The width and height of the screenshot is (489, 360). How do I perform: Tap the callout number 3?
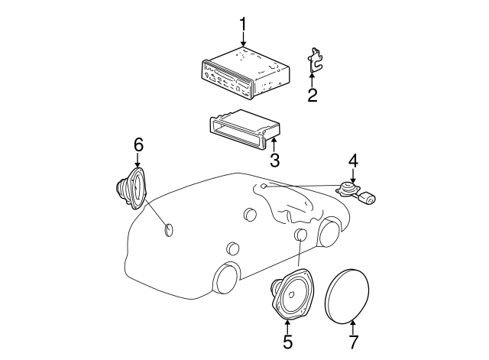click(274, 161)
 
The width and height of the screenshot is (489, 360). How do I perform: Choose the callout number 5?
click(287, 342)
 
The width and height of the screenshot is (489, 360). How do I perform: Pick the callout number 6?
click(138, 144)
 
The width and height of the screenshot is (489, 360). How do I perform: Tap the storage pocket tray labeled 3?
click(241, 128)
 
